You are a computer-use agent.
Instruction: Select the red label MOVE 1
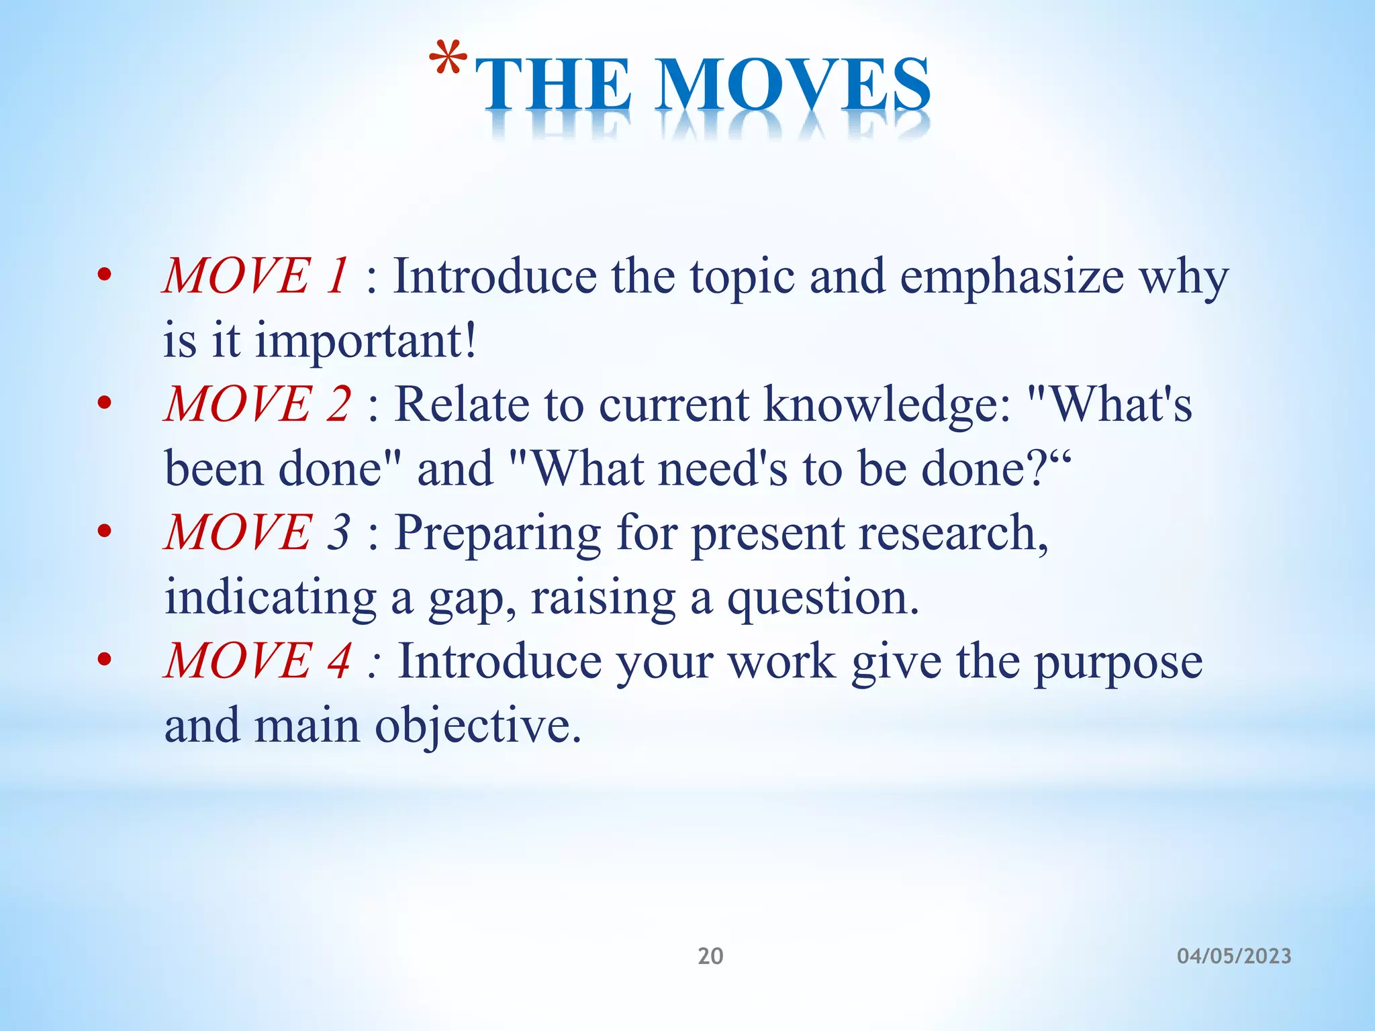[256, 276]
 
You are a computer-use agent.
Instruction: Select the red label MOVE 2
[257, 404]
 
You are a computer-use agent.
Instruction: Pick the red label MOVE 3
[257, 532]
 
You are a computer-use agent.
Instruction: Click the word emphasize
[1012, 277]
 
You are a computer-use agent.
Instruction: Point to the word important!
[367, 340]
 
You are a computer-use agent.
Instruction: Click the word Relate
[462, 405]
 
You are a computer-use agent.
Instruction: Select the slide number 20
[710, 956]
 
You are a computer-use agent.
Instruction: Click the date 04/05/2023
[1234, 956]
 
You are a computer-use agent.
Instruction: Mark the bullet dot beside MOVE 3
[103, 532]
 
